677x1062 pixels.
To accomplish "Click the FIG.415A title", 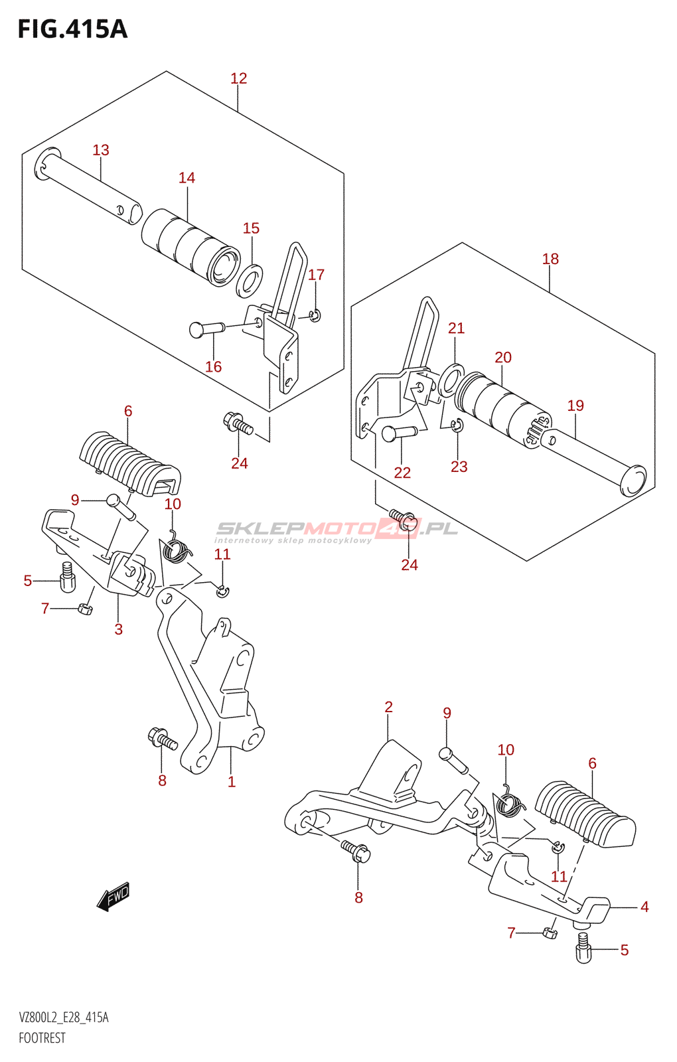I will pyautogui.click(x=72, y=29).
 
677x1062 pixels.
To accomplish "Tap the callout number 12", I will pyautogui.click(x=238, y=78).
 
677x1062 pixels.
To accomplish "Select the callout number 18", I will pyautogui.click(x=550, y=259).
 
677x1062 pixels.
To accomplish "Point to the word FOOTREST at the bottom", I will pyautogui.click(x=42, y=1038).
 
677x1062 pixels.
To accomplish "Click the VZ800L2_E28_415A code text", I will pyautogui.click(x=64, y=1018).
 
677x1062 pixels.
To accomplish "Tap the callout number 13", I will pyautogui.click(x=101, y=150).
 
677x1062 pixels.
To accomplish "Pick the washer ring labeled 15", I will pyautogui.click(x=250, y=279).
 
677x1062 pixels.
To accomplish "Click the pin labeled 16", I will pyautogui.click(x=206, y=328).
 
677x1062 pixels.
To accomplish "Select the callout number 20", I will pyautogui.click(x=503, y=357).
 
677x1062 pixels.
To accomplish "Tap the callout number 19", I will pyautogui.click(x=575, y=406).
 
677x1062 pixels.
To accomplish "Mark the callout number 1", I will pyautogui.click(x=232, y=782).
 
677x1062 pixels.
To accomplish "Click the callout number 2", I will pyautogui.click(x=389, y=707).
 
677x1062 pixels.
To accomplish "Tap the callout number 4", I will pyautogui.click(x=644, y=907).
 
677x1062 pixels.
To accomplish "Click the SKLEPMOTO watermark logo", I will pyautogui.click(x=337, y=530).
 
